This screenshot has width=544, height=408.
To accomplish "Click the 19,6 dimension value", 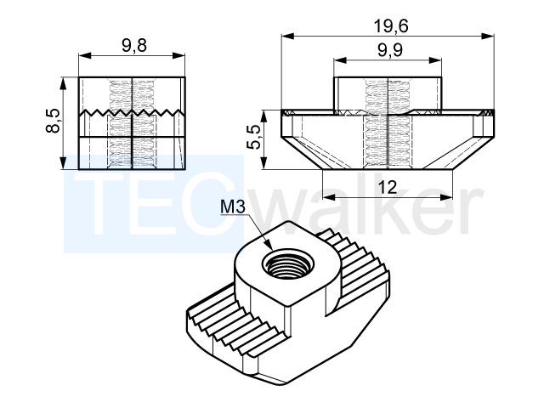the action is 391,26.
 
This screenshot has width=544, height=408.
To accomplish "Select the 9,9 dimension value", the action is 390,50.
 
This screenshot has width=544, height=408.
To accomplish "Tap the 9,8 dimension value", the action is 134,45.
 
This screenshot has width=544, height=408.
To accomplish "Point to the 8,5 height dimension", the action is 54,121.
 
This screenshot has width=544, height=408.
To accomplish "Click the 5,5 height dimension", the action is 254,137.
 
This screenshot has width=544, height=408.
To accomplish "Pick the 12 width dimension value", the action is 388,188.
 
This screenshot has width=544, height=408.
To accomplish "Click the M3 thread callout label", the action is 233,207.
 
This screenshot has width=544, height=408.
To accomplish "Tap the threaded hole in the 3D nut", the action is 287,265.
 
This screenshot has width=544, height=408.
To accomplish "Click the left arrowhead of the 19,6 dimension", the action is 287,36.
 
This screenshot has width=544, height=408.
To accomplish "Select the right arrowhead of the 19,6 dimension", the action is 487,36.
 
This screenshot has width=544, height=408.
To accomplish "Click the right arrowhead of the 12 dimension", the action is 446,197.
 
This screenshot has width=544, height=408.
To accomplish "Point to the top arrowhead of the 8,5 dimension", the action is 63,83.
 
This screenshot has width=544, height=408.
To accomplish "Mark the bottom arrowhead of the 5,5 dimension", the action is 263,162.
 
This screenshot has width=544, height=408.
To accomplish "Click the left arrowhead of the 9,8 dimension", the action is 85,56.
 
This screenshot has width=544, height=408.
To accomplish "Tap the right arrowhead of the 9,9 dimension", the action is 435,60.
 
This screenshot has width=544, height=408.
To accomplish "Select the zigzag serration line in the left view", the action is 131,113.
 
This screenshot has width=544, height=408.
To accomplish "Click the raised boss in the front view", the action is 388,93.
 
